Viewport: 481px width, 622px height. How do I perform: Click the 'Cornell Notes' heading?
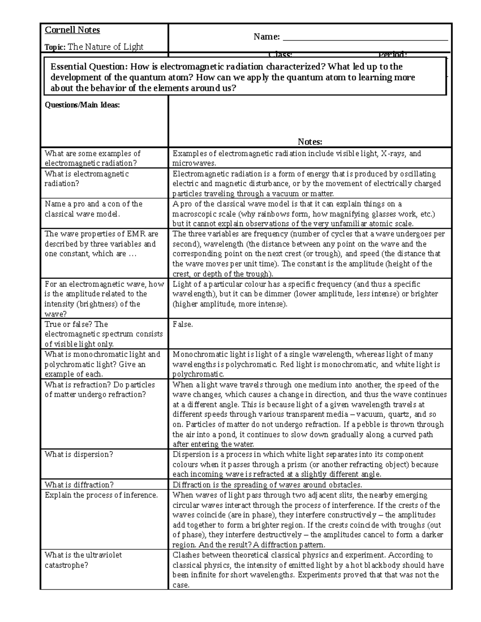coord(72,30)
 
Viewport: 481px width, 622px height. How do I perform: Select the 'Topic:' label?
coord(55,47)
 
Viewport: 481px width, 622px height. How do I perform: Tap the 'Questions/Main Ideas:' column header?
coord(82,105)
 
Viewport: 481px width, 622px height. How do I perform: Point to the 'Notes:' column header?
coord(310,141)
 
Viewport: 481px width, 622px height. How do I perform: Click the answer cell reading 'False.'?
coord(183,324)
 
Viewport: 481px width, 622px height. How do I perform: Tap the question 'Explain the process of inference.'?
coord(101,495)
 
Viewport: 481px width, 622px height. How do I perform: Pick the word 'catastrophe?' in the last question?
coord(66,565)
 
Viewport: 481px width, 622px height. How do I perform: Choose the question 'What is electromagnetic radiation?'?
coord(87,179)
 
